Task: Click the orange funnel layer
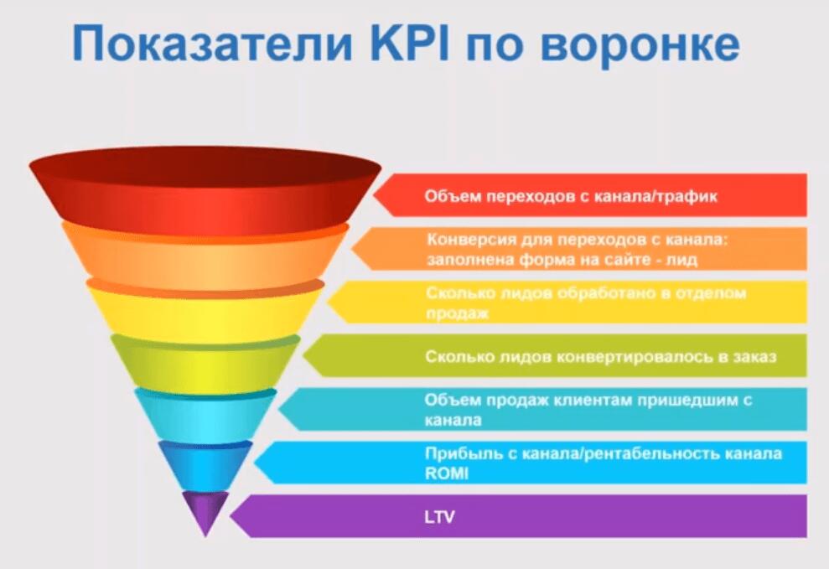[x=205, y=256]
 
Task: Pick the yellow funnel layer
[x=205, y=310]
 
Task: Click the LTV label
[x=439, y=516]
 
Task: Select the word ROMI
[x=446, y=473]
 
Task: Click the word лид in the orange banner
[x=685, y=261]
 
